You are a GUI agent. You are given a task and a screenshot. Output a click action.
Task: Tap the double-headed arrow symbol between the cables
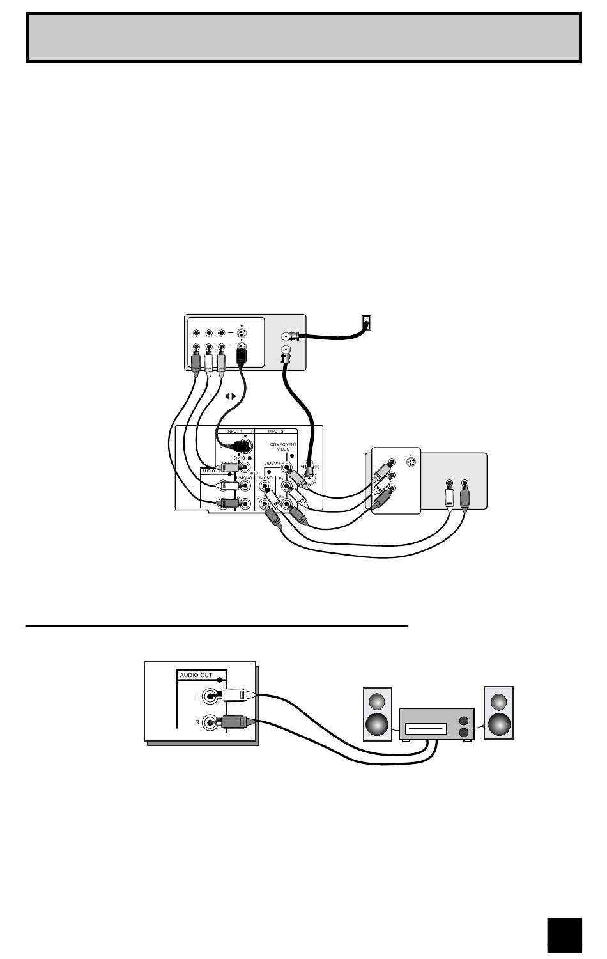point(229,396)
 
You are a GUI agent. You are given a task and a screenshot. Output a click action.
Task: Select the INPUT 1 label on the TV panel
point(234,432)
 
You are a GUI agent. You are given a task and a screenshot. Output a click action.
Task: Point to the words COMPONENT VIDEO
point(282,447)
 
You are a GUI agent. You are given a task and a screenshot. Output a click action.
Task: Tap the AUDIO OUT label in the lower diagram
point(196,675)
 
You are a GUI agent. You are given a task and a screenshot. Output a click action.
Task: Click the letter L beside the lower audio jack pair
point(196,696)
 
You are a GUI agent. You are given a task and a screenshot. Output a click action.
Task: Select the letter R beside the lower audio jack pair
point(196,722)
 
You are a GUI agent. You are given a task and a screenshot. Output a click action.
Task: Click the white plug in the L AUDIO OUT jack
point(236,696)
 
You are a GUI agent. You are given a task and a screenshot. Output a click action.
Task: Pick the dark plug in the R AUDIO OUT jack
point(236,722)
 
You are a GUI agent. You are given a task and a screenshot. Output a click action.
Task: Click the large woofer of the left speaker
point(377,724)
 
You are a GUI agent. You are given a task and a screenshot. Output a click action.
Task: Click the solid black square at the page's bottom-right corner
point(565,935)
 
